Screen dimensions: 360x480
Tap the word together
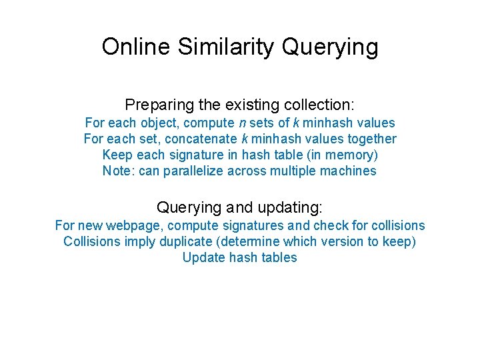coord(371,139)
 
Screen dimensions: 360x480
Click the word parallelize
coord(191,171)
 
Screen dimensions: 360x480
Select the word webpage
coord(130,226)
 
